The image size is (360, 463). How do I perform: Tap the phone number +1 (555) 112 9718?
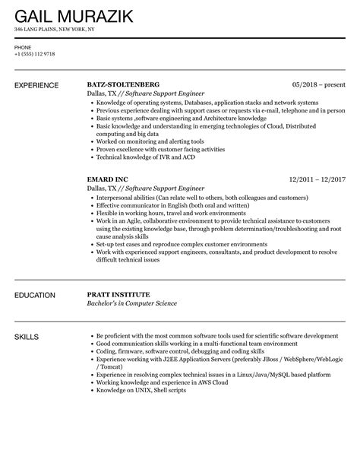coord(34,54)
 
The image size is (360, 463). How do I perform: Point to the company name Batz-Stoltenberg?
coord(125,84)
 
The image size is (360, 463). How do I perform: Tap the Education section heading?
coord(34,294)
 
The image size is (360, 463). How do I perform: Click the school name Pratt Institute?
coord(118,294)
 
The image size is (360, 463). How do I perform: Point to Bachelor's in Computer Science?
coord(131,303)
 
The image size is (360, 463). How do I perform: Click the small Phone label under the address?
coord(22,46)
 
